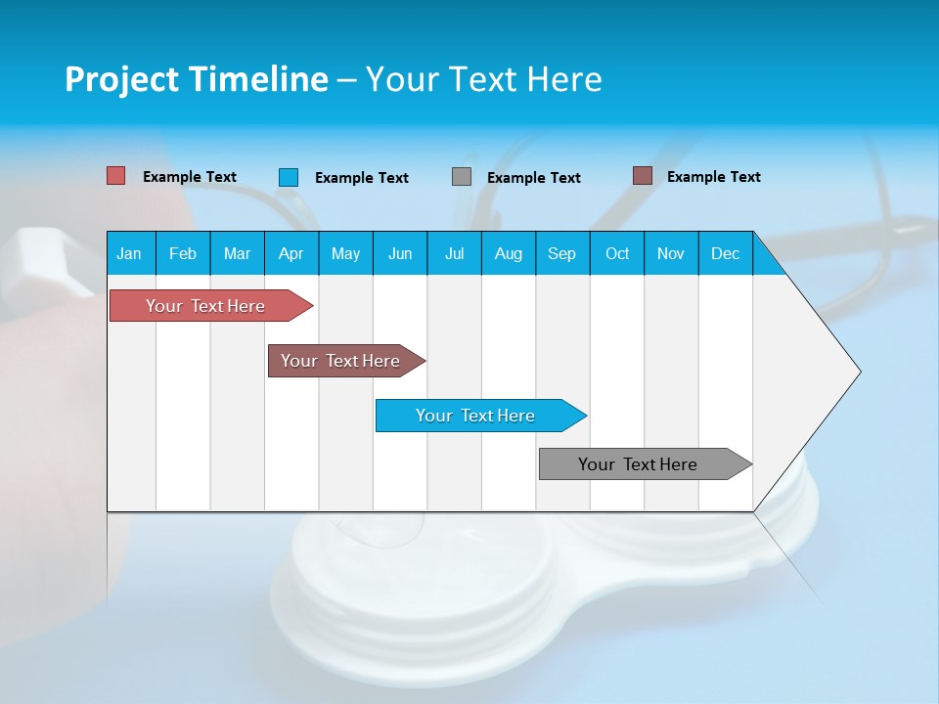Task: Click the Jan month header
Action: tap(130, 253)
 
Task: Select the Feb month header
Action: tap(183, 253)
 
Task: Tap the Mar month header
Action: tap(237, 253)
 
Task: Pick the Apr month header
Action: tap(291, 253)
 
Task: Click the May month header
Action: tap(345, 253)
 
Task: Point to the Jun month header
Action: tap(400, 253)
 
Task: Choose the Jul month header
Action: tap(454, 253)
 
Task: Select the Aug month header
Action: tap(509, 253)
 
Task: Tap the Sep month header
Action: tap(562, 253)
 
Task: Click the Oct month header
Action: tap(617, 253)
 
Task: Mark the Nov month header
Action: tap(671, 253)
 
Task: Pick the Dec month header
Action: tap(726, 253)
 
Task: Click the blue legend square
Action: tap(289, 177)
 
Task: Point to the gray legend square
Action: tap(462, 177)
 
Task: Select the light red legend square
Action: tap(116, 176)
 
